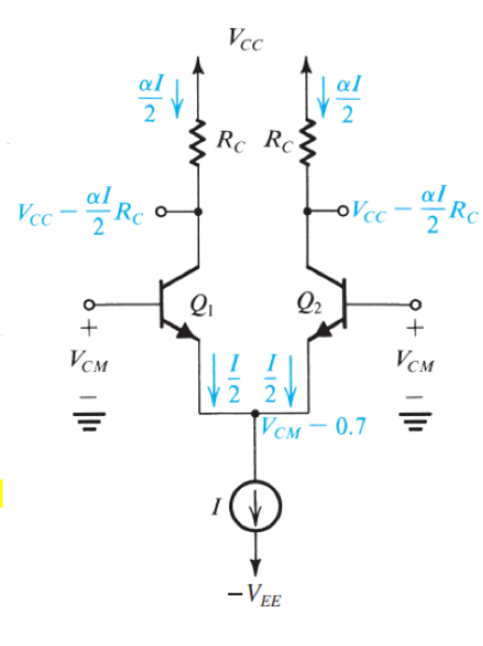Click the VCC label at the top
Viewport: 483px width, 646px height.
tap(246, 39)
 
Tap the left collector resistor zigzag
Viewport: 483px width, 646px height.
tap(198, 143)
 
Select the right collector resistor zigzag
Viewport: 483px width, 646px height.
tap(306, 143)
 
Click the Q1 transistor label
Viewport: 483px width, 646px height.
tap(202, 306)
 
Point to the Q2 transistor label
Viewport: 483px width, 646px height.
tap(309, 305)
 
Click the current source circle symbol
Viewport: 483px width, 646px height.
tap(256, 506)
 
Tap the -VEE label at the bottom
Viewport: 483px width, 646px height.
tap(254, 596)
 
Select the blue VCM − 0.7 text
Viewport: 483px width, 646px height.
tap(313, 427)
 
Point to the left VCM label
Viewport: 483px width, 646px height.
tap(89, 361)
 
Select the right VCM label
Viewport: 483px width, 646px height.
tap(415, 361)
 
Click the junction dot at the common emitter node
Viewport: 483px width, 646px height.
tap(255, 413)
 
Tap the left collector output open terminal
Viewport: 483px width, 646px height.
tap(161, 212)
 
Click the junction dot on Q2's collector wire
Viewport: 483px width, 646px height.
tap(306, 211)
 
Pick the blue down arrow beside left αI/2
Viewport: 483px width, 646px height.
tap(178, 99)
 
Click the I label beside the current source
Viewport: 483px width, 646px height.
tap(217, 506)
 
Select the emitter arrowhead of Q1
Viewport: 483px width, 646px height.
tap(186, 332)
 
